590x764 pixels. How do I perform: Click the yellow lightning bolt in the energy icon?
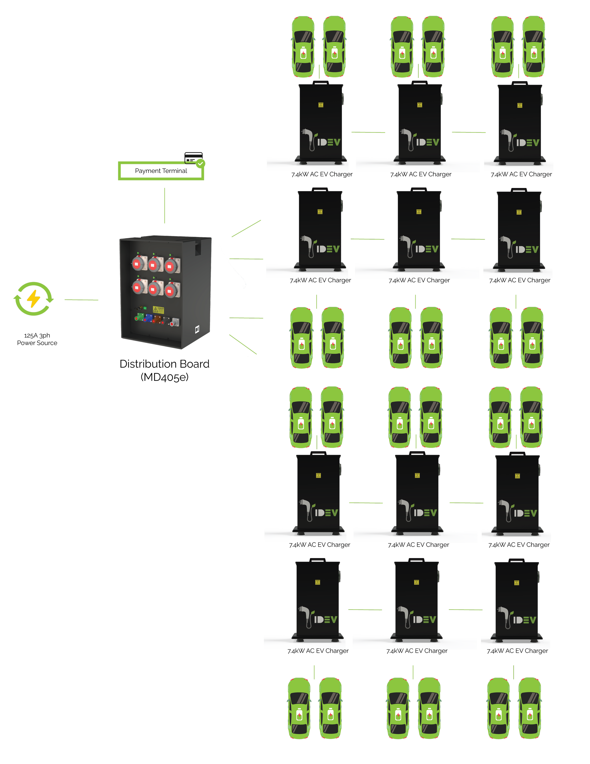(x=34, y=299)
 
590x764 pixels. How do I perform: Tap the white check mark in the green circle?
(x=200, y=163)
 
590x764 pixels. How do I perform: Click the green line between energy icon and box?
(x=81, y=300)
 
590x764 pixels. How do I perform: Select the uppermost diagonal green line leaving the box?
(x=246, y=228)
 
